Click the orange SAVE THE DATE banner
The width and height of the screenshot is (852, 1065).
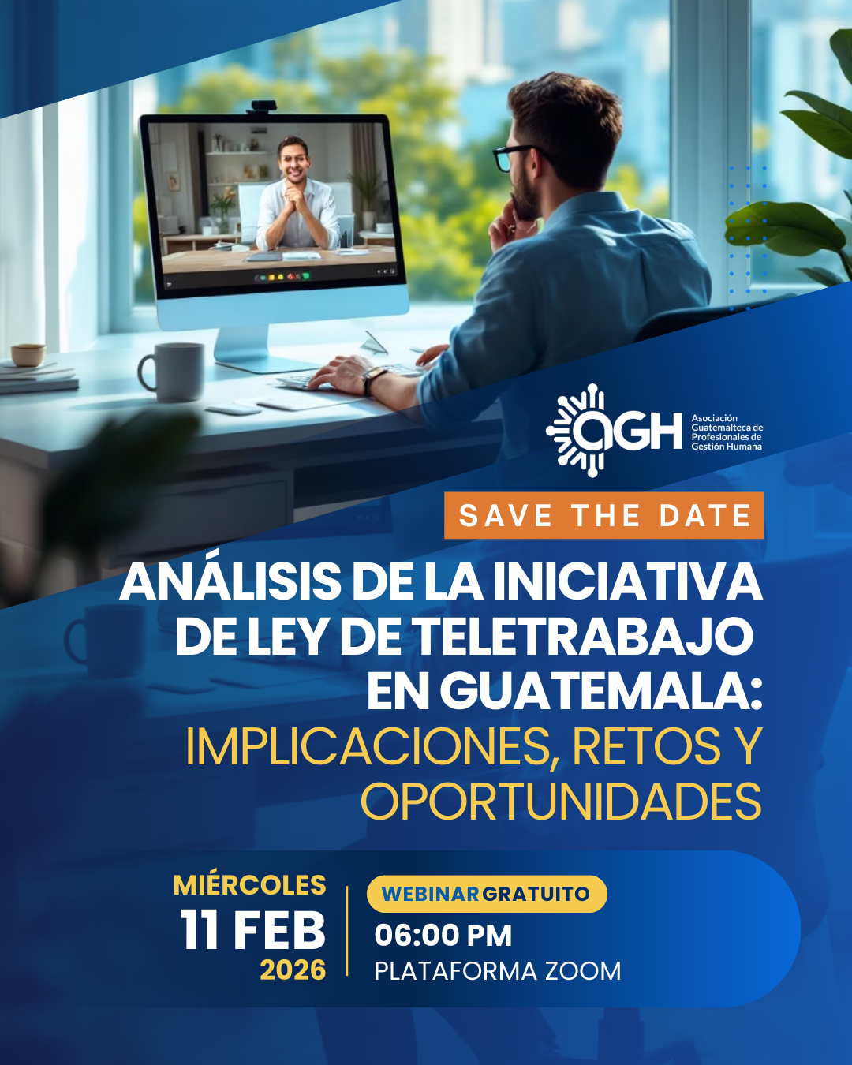click(x=603, y=515)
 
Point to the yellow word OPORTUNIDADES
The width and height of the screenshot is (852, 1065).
click(x=561, y=802)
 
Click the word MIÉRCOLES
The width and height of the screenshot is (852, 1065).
click(x=249, y=884)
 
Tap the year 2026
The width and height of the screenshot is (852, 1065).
click(x=293, y=970)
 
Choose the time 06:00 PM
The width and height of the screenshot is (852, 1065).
click(x=443, y=936)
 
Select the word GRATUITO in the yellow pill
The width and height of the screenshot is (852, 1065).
click(x=536, y=894)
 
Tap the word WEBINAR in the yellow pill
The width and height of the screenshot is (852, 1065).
click(x=430, y=894)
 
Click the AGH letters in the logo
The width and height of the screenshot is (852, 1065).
click(x=627, y=431)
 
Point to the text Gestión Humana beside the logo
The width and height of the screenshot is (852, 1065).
click(x=727, y=447)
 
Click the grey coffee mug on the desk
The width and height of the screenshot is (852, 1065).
click(x=172, y=371)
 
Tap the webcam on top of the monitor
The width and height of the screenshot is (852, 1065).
click(x=263, y=106)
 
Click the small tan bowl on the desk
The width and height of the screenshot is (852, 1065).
click(x=28, y=355)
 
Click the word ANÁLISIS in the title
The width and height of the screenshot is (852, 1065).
click(x=230, y=581)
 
